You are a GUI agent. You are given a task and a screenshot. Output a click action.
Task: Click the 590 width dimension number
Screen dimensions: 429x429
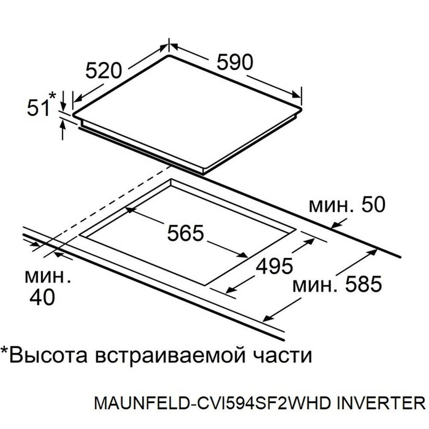click(235, 62)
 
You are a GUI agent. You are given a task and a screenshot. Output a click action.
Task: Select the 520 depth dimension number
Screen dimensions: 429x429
click(103, 71)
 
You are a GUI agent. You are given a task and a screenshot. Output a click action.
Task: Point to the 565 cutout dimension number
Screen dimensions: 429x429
click(185, 233)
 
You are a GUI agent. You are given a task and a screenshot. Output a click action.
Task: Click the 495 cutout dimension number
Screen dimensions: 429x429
click(274, 266)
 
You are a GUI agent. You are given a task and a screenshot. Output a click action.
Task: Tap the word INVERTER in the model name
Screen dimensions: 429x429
click(381, 403)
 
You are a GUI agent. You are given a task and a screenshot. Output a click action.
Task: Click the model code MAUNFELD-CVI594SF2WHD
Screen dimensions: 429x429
click(212, 403)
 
